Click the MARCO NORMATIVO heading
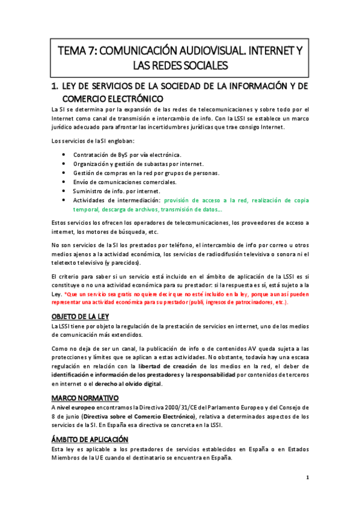[x=85, y=398]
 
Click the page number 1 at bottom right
[x=307, y=478]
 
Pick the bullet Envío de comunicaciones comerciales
[x=124, y=182]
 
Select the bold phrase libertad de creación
[x=166, y=366]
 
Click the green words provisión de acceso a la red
[x=205, y=200]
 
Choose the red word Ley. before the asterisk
[x=56, y=294]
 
